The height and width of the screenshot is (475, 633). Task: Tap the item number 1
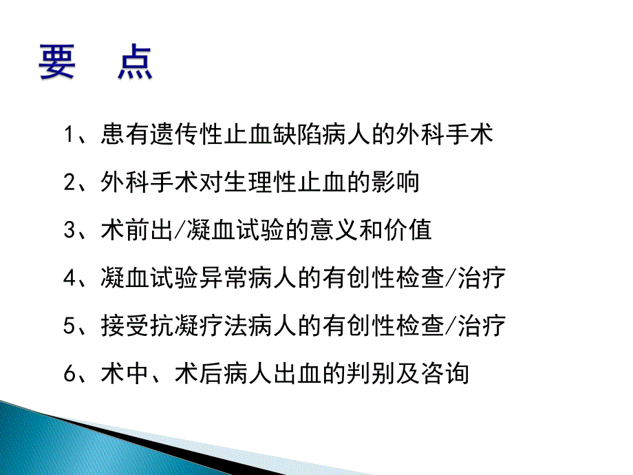(x=68, y=135)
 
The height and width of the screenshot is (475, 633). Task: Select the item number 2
(x=68, y=183)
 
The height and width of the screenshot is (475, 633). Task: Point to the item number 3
(x=68, y=231)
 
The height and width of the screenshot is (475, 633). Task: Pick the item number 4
(x=68, y=278)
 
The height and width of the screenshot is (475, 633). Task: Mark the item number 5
(x=68, y=326)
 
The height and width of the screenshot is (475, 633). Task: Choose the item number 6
(x=68, y=373)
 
